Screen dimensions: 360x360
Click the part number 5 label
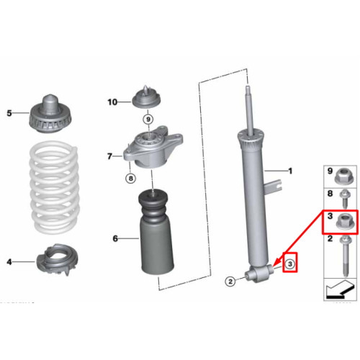[x=9, y=113]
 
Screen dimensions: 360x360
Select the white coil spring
[x=54, y=187]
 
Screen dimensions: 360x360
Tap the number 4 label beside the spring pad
[x=9, y=261]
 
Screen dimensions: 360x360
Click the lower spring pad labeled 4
[x=57, y=260]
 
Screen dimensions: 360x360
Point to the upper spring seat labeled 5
[x=50, y=114]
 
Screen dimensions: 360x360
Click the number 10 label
[x=112, y=102]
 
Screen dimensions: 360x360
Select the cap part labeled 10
[x=146, y=97]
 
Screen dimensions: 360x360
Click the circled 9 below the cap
[x=148, y=120]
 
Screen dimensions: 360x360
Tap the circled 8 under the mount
[x=130, y=179]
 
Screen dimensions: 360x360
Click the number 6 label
[x=115, y=238]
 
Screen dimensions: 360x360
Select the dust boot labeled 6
[x=156, y=233]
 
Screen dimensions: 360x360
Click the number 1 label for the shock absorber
[x=290, y=171]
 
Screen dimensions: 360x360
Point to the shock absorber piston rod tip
[x=248, y=87]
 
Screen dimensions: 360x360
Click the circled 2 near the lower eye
[x=230, y=282]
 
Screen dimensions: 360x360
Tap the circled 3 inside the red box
[x=290, y=264]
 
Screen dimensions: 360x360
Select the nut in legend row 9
[x=343, y=176]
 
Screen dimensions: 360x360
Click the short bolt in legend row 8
[x=345, y=199]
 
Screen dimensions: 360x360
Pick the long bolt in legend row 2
[x=345, y=256]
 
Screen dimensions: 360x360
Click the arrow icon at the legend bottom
[x=340, y=289]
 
